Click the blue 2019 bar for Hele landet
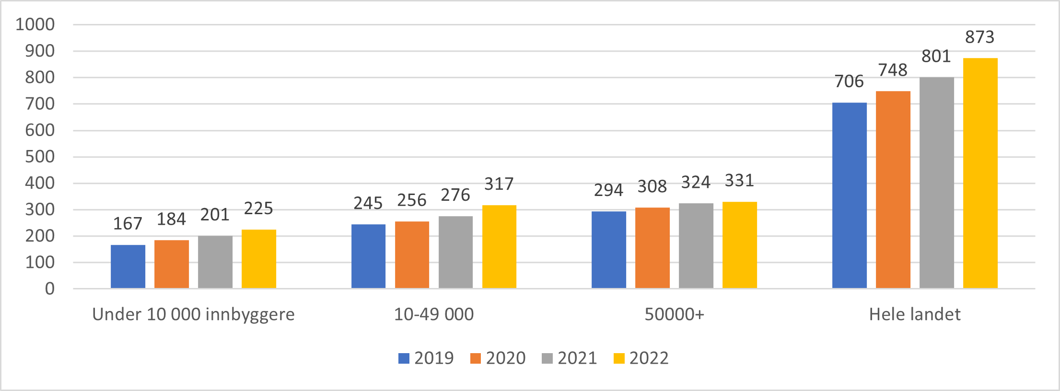(x=849, y=195)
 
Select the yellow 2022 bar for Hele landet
(x=980, y=173)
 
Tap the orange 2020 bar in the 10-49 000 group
(x=412, y=254)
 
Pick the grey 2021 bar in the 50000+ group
(x=696, y=245)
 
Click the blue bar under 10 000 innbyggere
(x=128, y=266)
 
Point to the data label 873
(x=979, y=37)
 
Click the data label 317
(x=499, y=184)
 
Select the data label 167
(x=128, y=224)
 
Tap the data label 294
(x=608, y=190)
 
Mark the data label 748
(x=893, y=70)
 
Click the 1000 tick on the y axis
(x=35, y=24)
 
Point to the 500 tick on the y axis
(x=40, y=157)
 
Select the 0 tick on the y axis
(x=50, y=289)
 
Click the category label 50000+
(x=674, y=314)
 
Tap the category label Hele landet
(x=915, y=314)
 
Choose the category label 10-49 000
(x=434, y=314)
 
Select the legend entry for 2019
(x=426, y=358)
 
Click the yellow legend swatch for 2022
(x=619, y=358)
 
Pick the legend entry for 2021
(x=569, y=358)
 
